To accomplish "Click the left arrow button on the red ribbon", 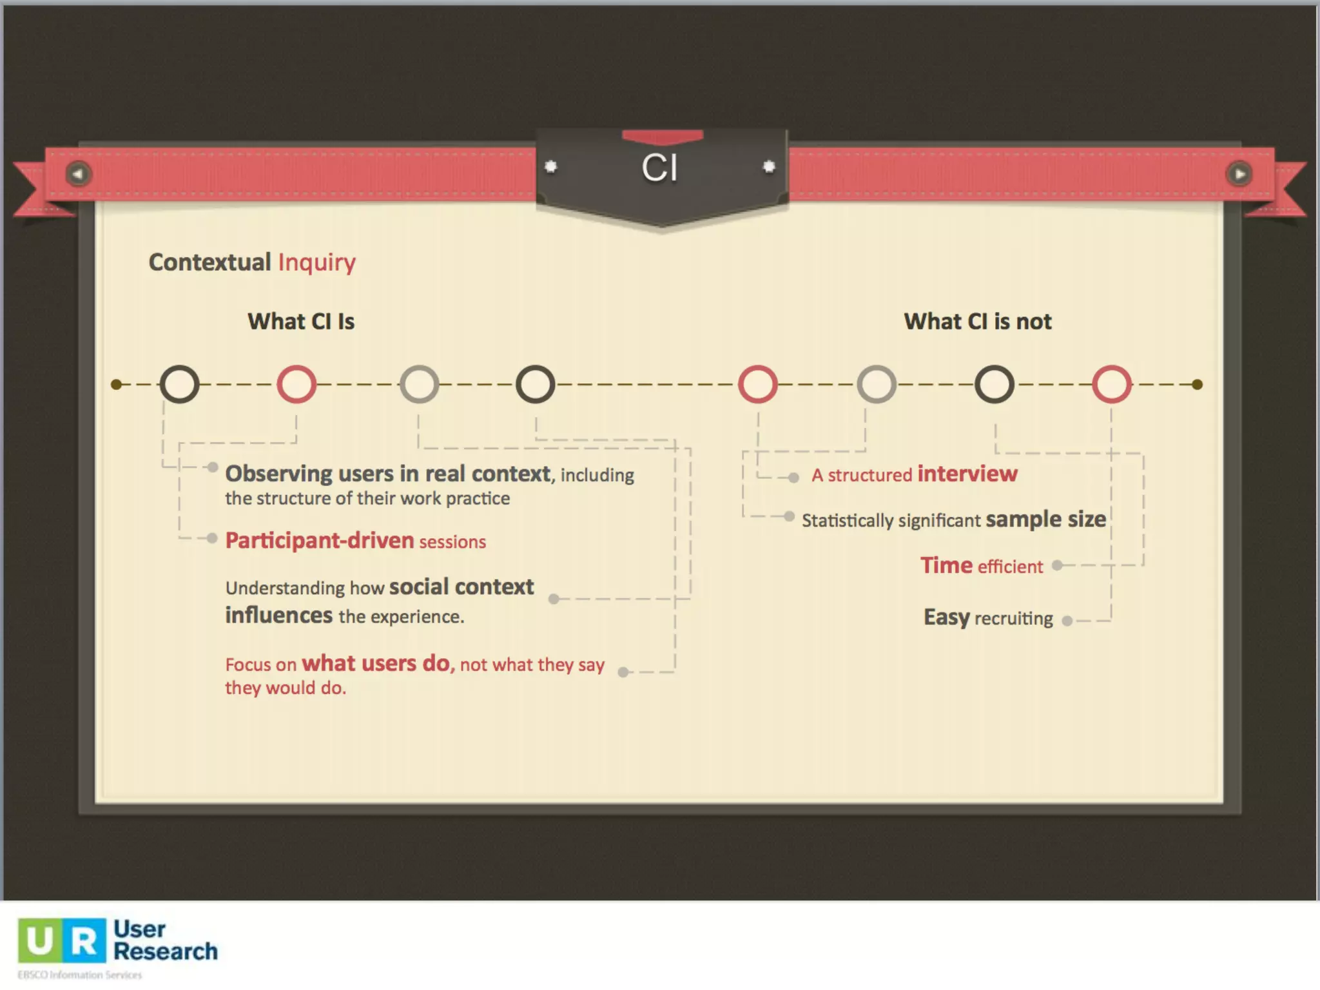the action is point(79,174).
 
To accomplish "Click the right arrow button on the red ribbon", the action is point(1239,174).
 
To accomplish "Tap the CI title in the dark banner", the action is point(659,168).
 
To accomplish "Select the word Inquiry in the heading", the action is point(316,262).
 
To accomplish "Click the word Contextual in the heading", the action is point(209,262).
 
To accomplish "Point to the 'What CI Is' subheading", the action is point(301,321).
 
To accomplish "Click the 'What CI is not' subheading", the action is point(977,321).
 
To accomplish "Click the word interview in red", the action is point(967,474).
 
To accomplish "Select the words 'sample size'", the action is point(1045,519).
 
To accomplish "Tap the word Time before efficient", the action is point(946,565).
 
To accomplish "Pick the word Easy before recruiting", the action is point(946,617).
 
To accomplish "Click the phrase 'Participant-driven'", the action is point(320,540).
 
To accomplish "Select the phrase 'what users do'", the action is point(378,663).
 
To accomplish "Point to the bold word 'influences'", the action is point(279,616).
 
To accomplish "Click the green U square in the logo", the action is point(39,940).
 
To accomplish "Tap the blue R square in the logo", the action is point(84,940).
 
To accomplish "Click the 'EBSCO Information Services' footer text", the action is point(80,975).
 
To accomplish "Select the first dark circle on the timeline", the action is point(179,385).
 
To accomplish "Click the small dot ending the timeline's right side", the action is point(1197,385).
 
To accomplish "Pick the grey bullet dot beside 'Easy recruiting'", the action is point(1067,621).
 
